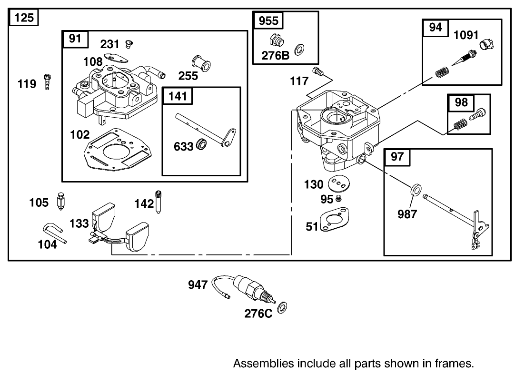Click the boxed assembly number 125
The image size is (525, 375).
(x=23, y=19)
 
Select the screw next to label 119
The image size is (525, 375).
(x=47, y=82)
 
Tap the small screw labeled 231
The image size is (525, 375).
(x=128, y=44)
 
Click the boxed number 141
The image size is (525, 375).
(x=178, y=97)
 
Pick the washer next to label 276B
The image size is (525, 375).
(x=300, y=50)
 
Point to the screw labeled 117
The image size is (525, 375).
(x=318, y=72)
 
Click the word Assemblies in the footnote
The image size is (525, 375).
(x=263, y=364)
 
